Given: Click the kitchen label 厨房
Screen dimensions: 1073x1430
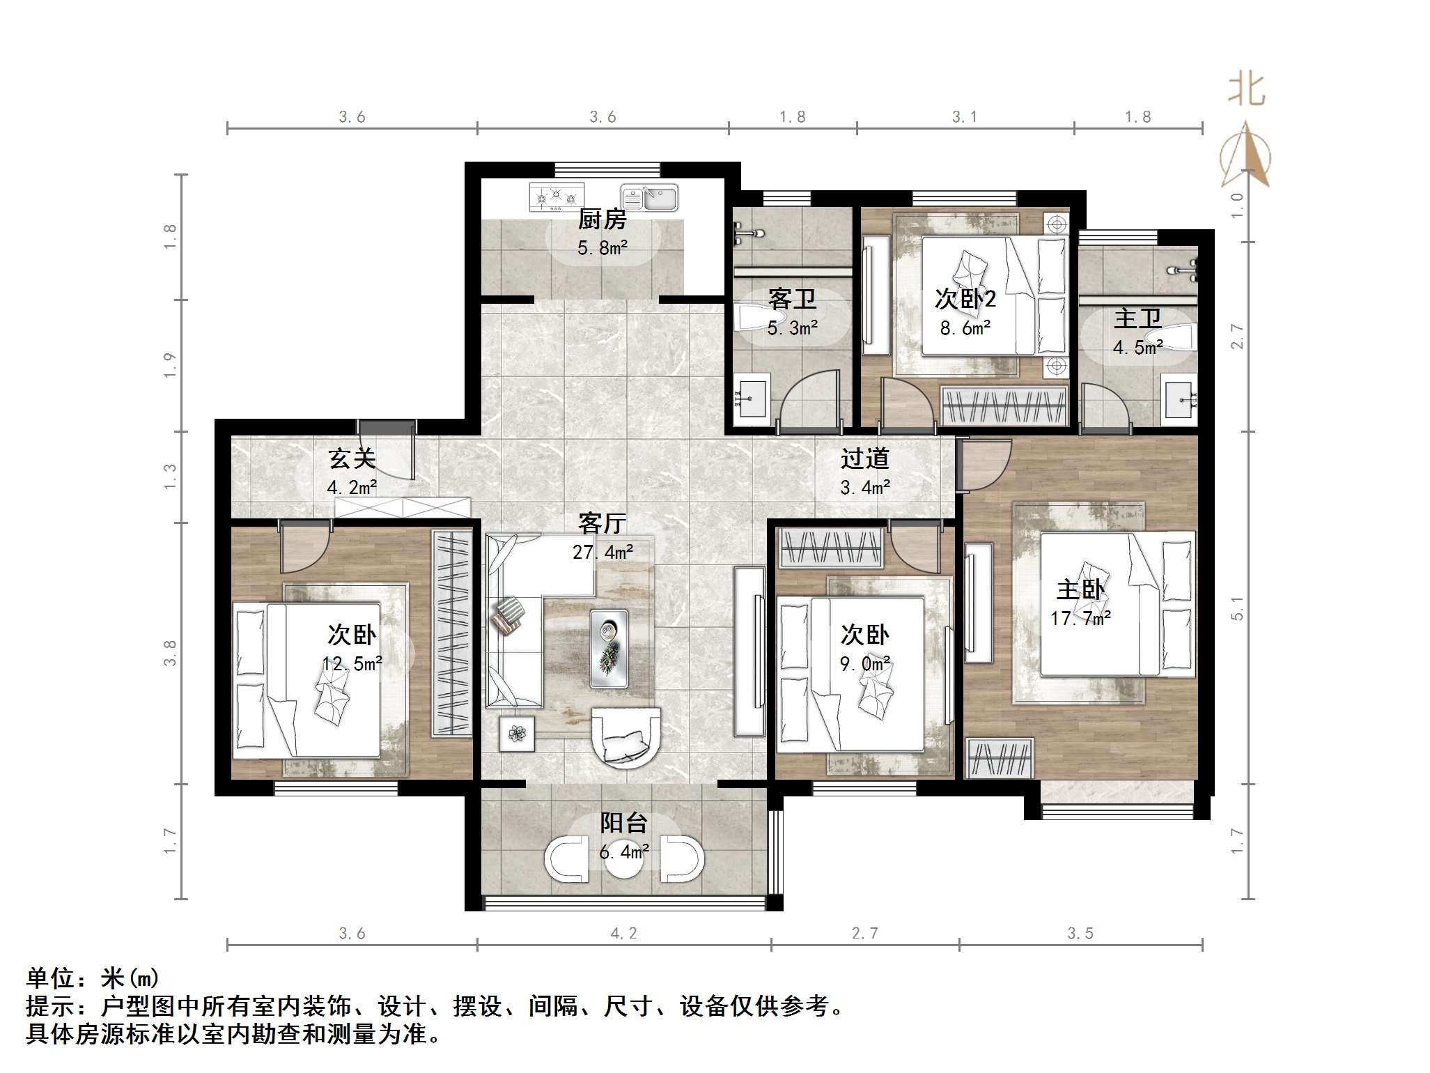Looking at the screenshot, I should point(602,219).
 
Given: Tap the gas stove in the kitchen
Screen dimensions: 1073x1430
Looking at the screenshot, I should point(556,197).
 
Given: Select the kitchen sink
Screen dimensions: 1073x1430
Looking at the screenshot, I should point(649,198).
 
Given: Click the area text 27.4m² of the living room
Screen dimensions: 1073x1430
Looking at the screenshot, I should point(603,553).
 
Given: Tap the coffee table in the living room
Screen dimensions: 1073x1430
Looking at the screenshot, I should point(609,648).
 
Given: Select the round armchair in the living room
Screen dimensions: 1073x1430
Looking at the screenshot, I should point(625,737).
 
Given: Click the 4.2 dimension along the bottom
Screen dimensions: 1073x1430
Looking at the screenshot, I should point(623,934).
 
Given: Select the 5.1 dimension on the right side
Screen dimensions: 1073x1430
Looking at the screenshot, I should point(1237,608).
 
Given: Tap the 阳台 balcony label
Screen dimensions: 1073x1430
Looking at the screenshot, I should point(624,823).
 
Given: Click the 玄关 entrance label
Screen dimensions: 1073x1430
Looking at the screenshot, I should point(352,458).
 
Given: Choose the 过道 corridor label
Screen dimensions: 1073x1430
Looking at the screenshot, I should point(864,458).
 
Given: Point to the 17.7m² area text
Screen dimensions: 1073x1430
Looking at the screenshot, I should point(1080,618).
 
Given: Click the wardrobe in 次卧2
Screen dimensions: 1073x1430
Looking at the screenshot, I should point(1004,406).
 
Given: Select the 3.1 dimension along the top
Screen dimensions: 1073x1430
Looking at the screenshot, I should point(965,117).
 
